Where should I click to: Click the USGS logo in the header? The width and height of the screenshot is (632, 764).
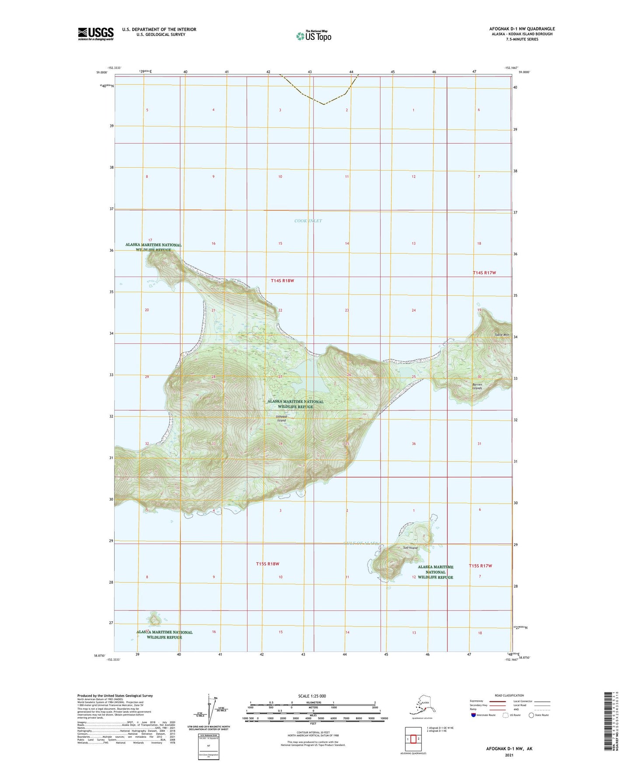(96, 34)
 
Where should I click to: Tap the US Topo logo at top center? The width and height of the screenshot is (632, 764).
(313, 35)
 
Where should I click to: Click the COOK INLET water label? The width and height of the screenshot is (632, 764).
(308, 221)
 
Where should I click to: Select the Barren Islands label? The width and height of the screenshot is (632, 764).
(477, 386)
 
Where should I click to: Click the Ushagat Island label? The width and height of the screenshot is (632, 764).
(281, 418)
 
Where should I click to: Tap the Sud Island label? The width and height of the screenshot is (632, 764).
(410, 547)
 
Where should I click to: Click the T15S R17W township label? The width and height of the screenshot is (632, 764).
(480, 566)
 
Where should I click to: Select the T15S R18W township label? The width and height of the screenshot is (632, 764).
(267, 564)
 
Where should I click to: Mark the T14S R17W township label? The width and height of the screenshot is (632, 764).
(484, 273)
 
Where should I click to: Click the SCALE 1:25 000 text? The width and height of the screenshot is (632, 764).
(312, 696)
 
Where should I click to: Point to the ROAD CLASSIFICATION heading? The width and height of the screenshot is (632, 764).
(509, 695)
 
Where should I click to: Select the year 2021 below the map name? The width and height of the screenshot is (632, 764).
(509, 755)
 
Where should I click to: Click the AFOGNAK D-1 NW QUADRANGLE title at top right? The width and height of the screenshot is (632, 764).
(522, 29)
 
